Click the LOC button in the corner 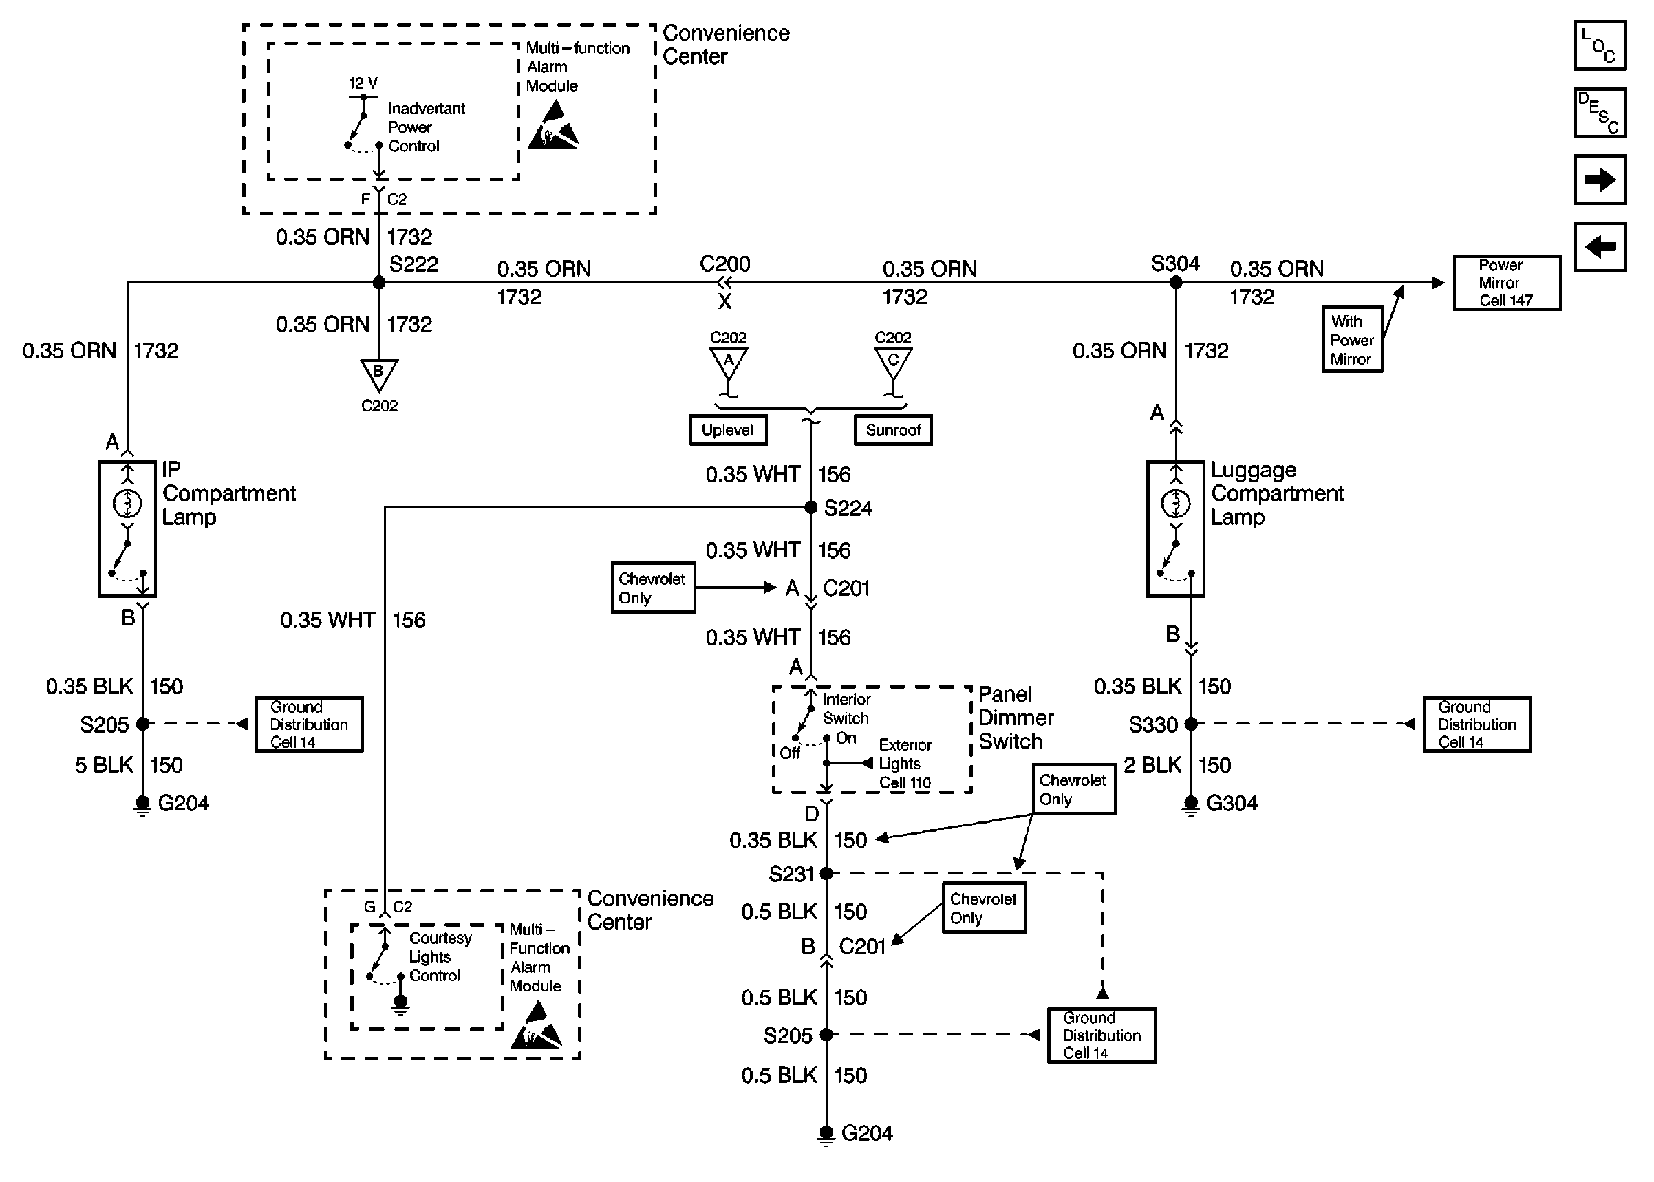pos(1600,45)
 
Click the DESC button pos(1600,113)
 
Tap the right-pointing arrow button pos(1600,180)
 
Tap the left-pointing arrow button pos(1600,247)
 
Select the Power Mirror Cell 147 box pos(1507,282)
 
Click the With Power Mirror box pos(1351,340)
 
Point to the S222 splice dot pos(379,282)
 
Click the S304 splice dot pos(1176,282)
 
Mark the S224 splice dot pos(811,507)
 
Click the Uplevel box pos(728,430)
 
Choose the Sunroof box pos(893,430)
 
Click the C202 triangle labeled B pos(379,374)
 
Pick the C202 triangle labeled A pos(729,362)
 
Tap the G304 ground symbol pos(1190,805)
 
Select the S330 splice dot pos(1191,724)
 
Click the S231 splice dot pos(826,873)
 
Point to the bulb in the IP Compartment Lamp pos(127,503)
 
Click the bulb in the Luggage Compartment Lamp pos(1176,503)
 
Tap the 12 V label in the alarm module pos(363,83)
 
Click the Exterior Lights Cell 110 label pos(905,764)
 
